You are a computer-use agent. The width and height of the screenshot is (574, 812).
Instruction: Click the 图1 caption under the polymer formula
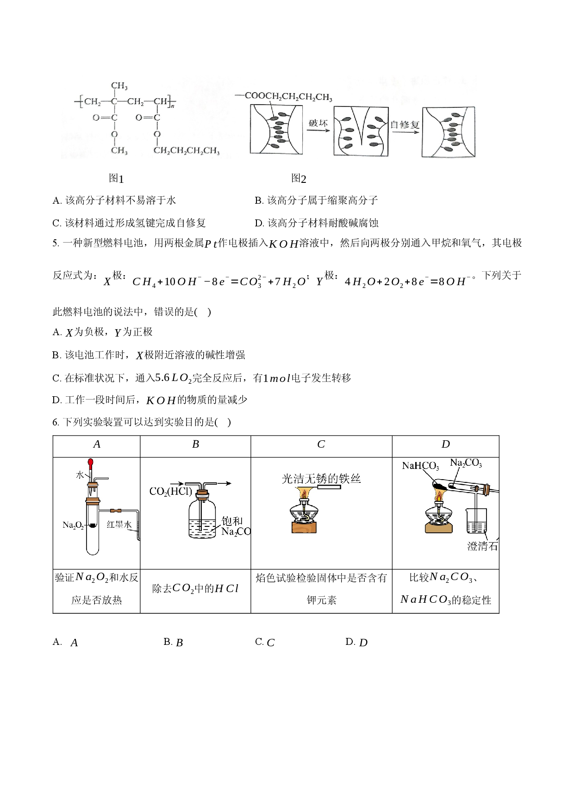pos(116,178)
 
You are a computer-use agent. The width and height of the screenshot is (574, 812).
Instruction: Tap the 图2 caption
pos(299,178)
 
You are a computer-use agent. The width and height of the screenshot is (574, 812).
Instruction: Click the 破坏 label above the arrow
pos(318,123)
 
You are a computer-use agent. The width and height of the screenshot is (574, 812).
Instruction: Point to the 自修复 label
pos(405,125)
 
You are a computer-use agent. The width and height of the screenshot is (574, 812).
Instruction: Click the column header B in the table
pos(195,444)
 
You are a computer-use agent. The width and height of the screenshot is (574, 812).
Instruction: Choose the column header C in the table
pos(321,444)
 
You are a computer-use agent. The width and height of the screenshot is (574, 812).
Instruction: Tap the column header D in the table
pos(445,444)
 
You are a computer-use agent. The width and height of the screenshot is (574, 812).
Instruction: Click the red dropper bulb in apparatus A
pos(91,462)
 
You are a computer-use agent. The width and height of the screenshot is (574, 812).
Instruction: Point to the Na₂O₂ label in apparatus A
pos(73,525)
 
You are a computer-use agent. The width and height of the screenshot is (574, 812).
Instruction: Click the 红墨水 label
pos(119,525)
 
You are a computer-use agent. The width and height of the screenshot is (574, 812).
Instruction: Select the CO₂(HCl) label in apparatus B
pos(170,492)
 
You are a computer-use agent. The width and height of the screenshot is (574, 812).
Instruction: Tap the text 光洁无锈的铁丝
pos(321,479)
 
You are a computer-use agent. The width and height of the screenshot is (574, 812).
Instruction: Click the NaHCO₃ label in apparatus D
pos(420,466)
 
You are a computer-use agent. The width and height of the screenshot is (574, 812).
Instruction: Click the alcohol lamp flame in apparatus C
pos(304,493)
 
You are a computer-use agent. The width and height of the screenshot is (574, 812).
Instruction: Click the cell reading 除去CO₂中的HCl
pos(195,589)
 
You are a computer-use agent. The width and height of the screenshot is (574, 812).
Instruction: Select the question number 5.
pos(56,244)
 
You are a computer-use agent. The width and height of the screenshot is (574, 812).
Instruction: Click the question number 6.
pos(56,422)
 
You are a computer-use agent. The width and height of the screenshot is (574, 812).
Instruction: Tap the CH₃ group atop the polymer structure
pos(119,86)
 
